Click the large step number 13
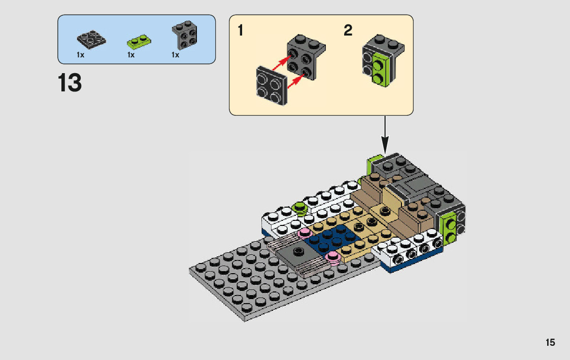coord(70,83)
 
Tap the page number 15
coord(550,342)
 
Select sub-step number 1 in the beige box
coord(241,31)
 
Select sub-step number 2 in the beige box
coord(348,31)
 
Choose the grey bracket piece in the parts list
coord(185,36)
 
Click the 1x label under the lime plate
coord(131,55)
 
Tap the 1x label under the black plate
coord(80,55)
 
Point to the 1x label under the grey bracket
coord(175,55)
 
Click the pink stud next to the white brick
coord(305,233)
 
